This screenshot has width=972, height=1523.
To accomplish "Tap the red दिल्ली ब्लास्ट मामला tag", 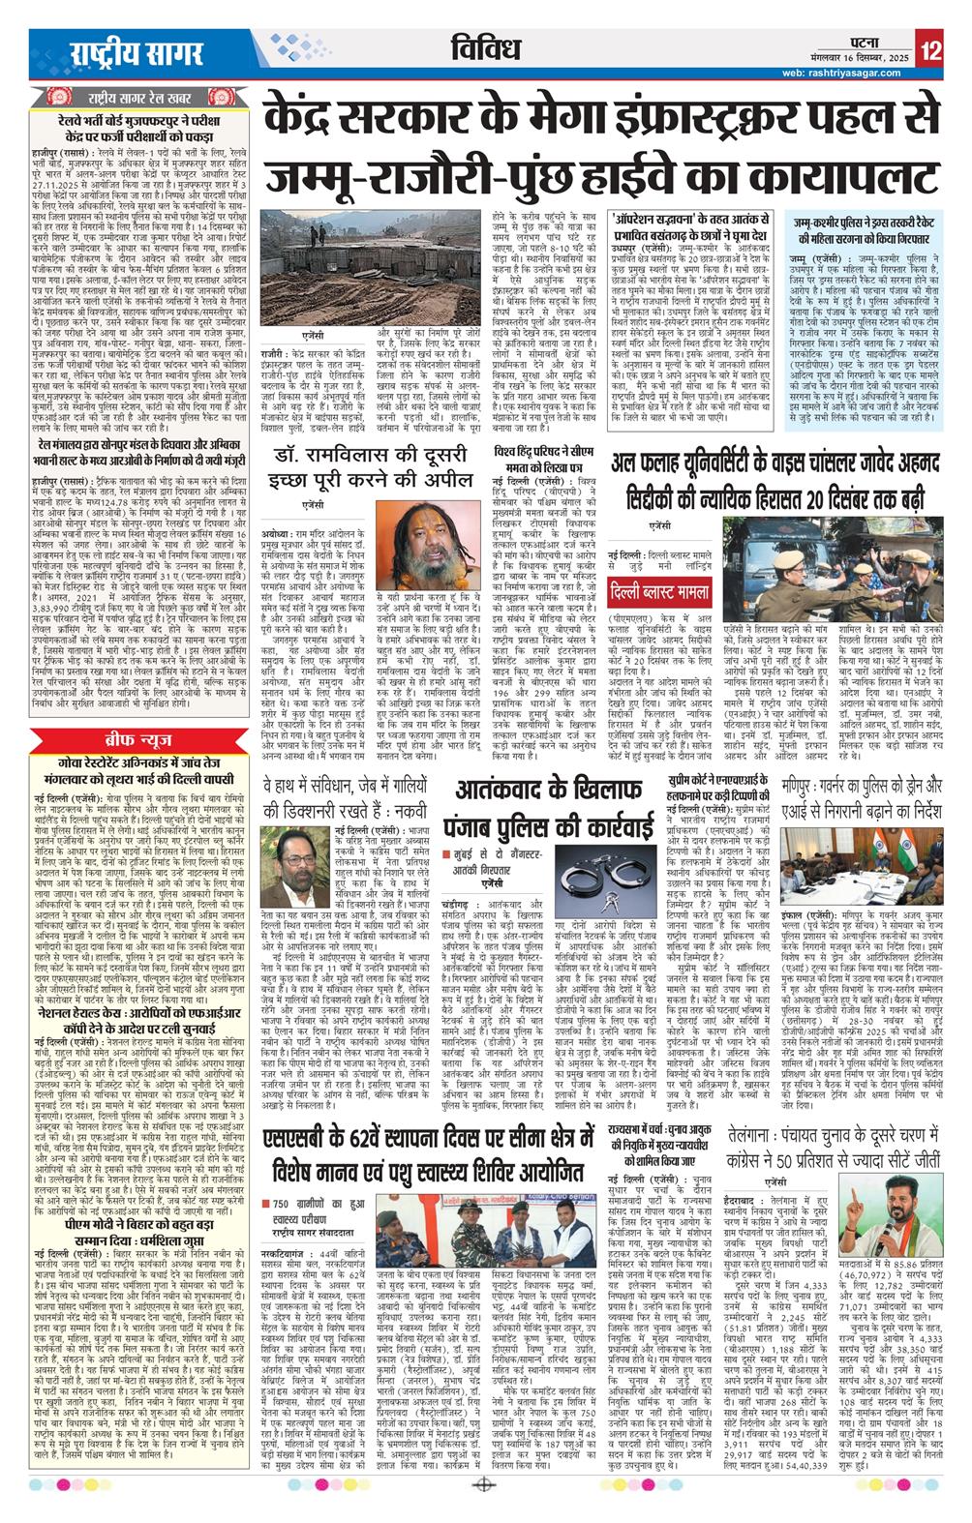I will [687, 588].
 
